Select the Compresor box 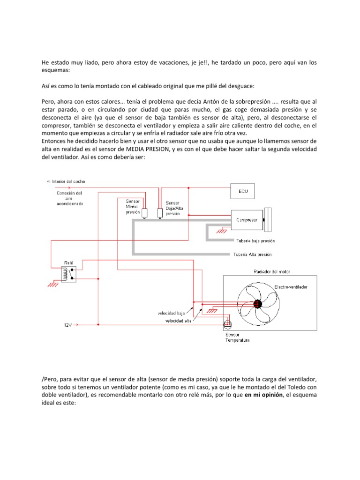click(247, 219)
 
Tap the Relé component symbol click(68, 275)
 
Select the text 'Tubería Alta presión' click(252, 255)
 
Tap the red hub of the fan click(257, 304)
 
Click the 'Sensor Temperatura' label click(237, 337)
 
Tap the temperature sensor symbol click(228, 324)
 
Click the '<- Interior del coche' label click(66, 181)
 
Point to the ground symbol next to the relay click(54, 283)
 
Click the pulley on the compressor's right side click(268, 219)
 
